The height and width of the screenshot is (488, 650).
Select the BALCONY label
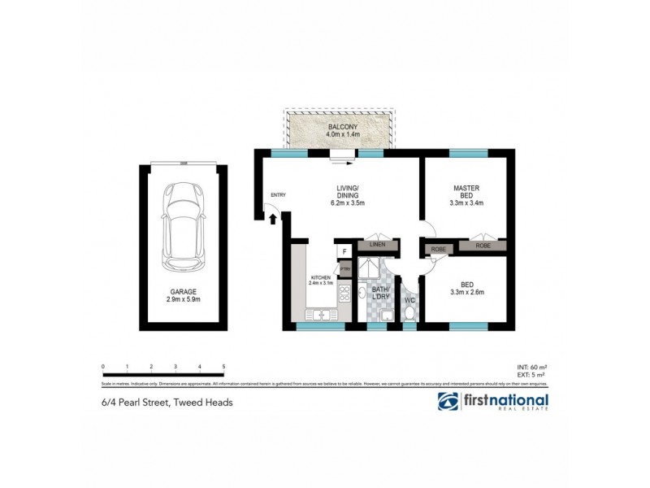click(340, 129)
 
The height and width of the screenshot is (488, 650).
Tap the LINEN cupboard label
click(377, 244)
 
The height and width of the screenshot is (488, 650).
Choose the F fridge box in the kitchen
click(344, 251)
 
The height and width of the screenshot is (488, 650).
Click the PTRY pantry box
click(344, 268)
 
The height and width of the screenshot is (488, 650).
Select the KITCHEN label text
click(320, 278)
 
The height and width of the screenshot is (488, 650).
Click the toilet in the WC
click(410, 311)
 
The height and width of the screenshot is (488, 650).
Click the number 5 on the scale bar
click(223, 367)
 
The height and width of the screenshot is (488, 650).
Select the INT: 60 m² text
click(532, 367)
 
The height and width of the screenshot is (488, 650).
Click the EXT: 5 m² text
click(532, 375)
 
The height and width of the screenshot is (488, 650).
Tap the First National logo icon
click(448, 401)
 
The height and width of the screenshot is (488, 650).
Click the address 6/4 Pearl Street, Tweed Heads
click(167, 401)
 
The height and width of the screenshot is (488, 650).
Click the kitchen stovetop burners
click(344, 294)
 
